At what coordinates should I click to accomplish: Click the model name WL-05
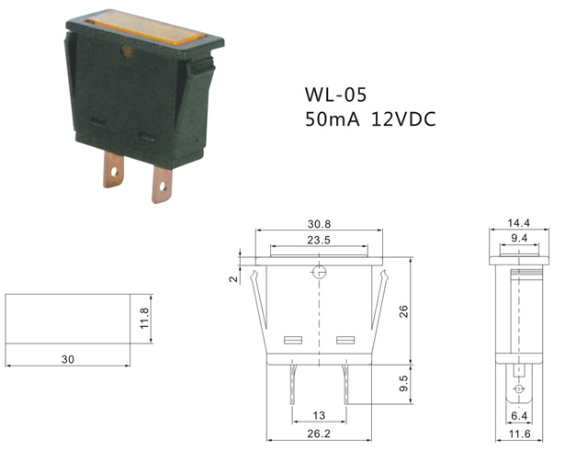pos(335,95)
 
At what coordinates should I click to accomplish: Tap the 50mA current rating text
pos(333,119)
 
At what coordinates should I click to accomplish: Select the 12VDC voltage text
pos(403,119)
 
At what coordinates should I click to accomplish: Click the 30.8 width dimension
pos(319,224)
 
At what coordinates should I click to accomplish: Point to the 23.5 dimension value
pos(319,240)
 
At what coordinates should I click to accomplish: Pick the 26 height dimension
pos(404,311)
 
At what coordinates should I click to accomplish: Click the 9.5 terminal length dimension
pos(404,383)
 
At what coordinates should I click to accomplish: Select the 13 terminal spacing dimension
pos(319,415)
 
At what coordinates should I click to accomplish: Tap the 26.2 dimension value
pos(319,433)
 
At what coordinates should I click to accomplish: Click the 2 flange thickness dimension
pos(234,278)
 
